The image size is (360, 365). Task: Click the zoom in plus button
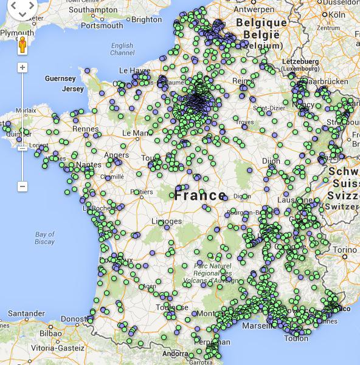22,67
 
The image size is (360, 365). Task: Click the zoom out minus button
22,186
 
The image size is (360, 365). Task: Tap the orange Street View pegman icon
22,46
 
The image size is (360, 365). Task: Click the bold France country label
200,196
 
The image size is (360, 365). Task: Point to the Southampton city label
93,10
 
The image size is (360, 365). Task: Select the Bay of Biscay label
45,238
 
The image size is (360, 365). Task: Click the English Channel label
122,49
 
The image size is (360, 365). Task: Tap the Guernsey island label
60,79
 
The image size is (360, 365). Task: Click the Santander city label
26,314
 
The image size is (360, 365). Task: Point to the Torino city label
344,250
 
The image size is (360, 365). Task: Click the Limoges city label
165,221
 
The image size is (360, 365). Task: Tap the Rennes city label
85,129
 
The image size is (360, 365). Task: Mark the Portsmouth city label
102,26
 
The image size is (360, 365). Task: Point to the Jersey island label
73,89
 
